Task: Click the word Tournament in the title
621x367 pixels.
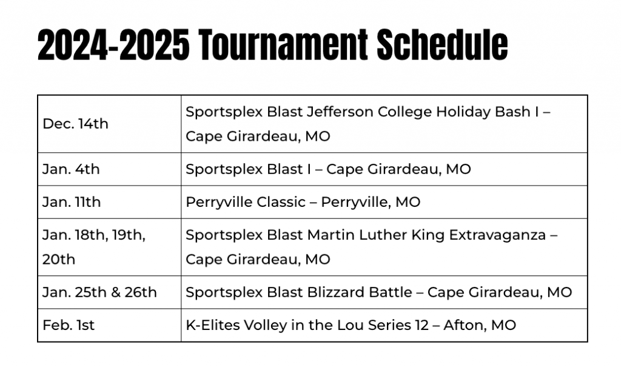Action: pyautogui.click(x=283, y=44)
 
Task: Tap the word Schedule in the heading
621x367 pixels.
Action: pyautogui.click(x=442, y=44)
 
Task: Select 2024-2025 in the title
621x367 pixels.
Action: pyautogui.click(x=113, y=44)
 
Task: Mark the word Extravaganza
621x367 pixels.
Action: pyautogui.click(x=497, y=235)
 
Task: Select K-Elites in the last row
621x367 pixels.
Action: pyautogui.click(x=212, y=325)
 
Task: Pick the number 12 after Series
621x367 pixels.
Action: pyautogui.click(x=422, y=325)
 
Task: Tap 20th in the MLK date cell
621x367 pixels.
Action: pyautogui.click(x=59, y=260)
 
